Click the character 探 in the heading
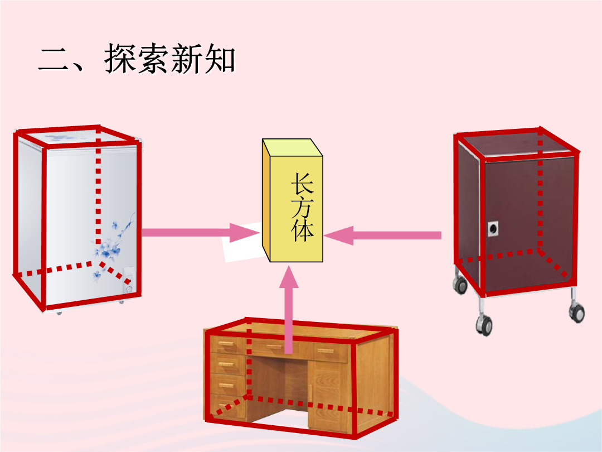coord(120,58)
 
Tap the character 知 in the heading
coord(220,59)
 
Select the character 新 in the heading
coord(187,59)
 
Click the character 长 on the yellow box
coord(303,184)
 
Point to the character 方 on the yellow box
coord(303,208)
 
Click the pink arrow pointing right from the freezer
coord(201,233)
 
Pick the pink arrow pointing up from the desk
coord(289,309)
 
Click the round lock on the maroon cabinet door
coord(493,229)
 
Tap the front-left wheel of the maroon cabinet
coord(484,325)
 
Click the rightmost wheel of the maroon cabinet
coord(577,312)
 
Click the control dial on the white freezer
coord(129,288)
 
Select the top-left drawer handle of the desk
coord(227,344)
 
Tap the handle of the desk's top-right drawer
coord(326,350)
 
